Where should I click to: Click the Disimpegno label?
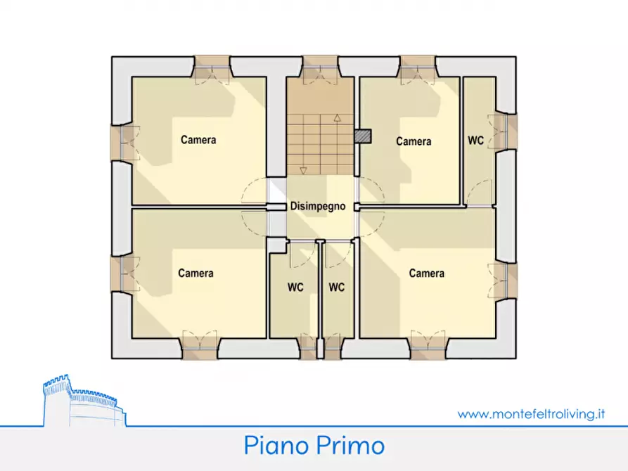[318, 207]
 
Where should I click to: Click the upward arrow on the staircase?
[337, 118]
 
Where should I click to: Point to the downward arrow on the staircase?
[303, 169]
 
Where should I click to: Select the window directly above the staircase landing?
[320, 67]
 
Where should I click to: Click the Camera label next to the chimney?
[414, 142]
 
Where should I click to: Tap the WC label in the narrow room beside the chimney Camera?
[476, 141]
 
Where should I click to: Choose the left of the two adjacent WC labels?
[295, 288]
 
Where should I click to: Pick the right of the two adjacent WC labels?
[337, 288]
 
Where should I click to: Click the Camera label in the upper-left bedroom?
[198, 140]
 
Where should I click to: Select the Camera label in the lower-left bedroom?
[196, 273]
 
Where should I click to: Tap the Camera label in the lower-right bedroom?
[426, 273]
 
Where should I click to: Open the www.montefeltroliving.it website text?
[531, 414]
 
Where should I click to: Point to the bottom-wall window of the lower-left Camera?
[200, 344]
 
